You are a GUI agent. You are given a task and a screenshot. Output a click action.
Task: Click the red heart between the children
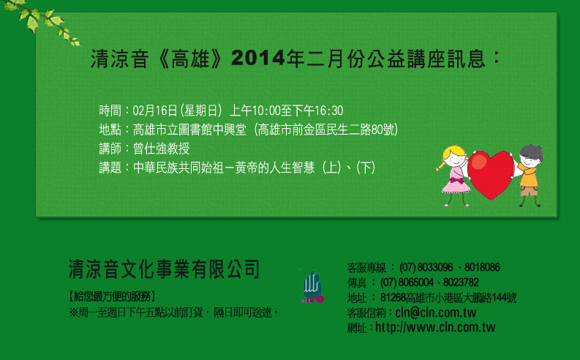click(x=491, y=173)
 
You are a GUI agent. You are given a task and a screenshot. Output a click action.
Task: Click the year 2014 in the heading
click(x=258, y=58)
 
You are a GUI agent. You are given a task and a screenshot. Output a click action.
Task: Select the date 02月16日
click(x=155, y=110)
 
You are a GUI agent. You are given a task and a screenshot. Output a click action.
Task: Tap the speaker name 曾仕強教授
click(x=162, y=149)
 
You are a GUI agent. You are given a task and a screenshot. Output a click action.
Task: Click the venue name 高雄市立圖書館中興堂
click(x=189, y=130)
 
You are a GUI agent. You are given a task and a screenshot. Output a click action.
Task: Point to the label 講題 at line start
click(x=110, y=168)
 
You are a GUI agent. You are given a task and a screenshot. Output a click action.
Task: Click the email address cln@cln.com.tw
click(x=436, y=312)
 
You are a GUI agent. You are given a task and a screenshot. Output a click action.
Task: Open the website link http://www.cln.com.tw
click(x=435, y=327)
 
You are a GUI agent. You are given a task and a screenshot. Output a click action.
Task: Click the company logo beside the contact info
click(x=312, y=286)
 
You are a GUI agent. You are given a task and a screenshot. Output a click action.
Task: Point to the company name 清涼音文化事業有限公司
click(x=164, y=269)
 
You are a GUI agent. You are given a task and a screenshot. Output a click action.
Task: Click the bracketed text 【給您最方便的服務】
click(x=113, y=296)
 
